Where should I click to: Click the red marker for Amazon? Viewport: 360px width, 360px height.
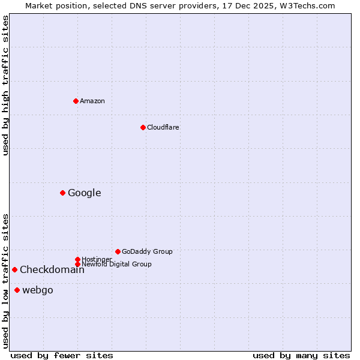point(76,101)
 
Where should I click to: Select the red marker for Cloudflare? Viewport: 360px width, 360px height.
point(143,127)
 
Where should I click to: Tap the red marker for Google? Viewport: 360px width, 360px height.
point(62,193)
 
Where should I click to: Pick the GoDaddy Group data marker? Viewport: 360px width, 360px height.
point(118,251)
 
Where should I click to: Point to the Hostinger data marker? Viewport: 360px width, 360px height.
point(77,259)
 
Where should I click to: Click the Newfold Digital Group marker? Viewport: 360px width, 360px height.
point(77,264)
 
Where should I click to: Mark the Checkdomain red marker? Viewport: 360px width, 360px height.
point(14,269)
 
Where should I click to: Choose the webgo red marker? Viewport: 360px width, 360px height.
point(17,290)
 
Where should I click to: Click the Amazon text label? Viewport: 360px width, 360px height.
point(92,101)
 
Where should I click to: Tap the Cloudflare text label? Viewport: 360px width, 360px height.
point(163,127)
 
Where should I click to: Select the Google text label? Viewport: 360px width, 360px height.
point(85,193)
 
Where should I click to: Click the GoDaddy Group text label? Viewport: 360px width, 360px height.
point(147,251)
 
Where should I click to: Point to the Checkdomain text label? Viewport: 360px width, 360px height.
point(52,269)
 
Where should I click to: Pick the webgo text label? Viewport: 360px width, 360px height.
point(38,290)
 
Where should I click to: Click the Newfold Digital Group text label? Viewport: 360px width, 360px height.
point(116,264)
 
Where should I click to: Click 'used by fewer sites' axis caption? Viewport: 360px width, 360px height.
point(62,355)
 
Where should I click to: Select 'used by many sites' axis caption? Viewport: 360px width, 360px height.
point(301,355)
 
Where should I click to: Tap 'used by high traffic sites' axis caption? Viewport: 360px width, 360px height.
point(5,85)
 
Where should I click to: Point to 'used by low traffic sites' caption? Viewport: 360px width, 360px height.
point(5,281)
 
